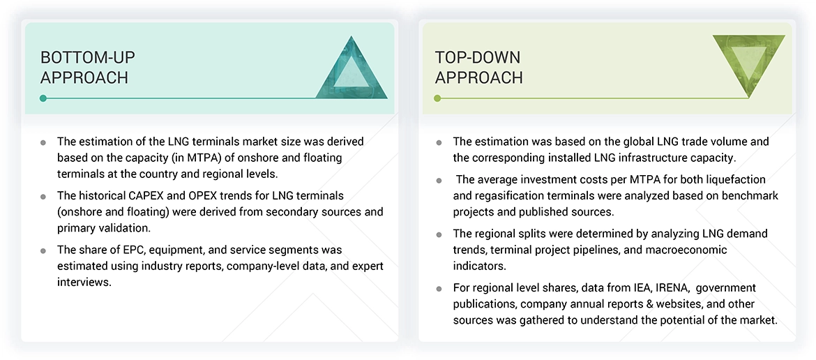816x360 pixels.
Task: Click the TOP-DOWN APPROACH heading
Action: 478,67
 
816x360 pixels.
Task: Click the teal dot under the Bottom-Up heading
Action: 43,98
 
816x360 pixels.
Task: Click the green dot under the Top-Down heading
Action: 437,98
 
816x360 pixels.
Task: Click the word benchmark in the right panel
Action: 751,195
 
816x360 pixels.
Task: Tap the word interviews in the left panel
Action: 84,281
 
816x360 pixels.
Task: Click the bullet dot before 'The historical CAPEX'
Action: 43,196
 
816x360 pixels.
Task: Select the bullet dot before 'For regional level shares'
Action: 439,288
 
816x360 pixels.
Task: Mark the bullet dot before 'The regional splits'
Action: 439,234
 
